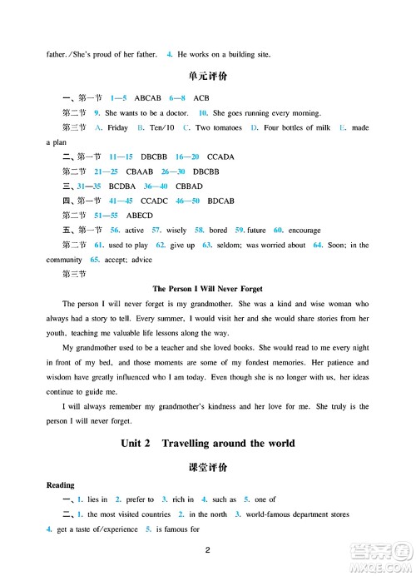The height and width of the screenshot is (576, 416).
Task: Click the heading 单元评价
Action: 208,77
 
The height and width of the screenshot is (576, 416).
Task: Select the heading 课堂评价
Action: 208,466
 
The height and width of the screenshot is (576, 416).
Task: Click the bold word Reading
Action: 61,485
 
